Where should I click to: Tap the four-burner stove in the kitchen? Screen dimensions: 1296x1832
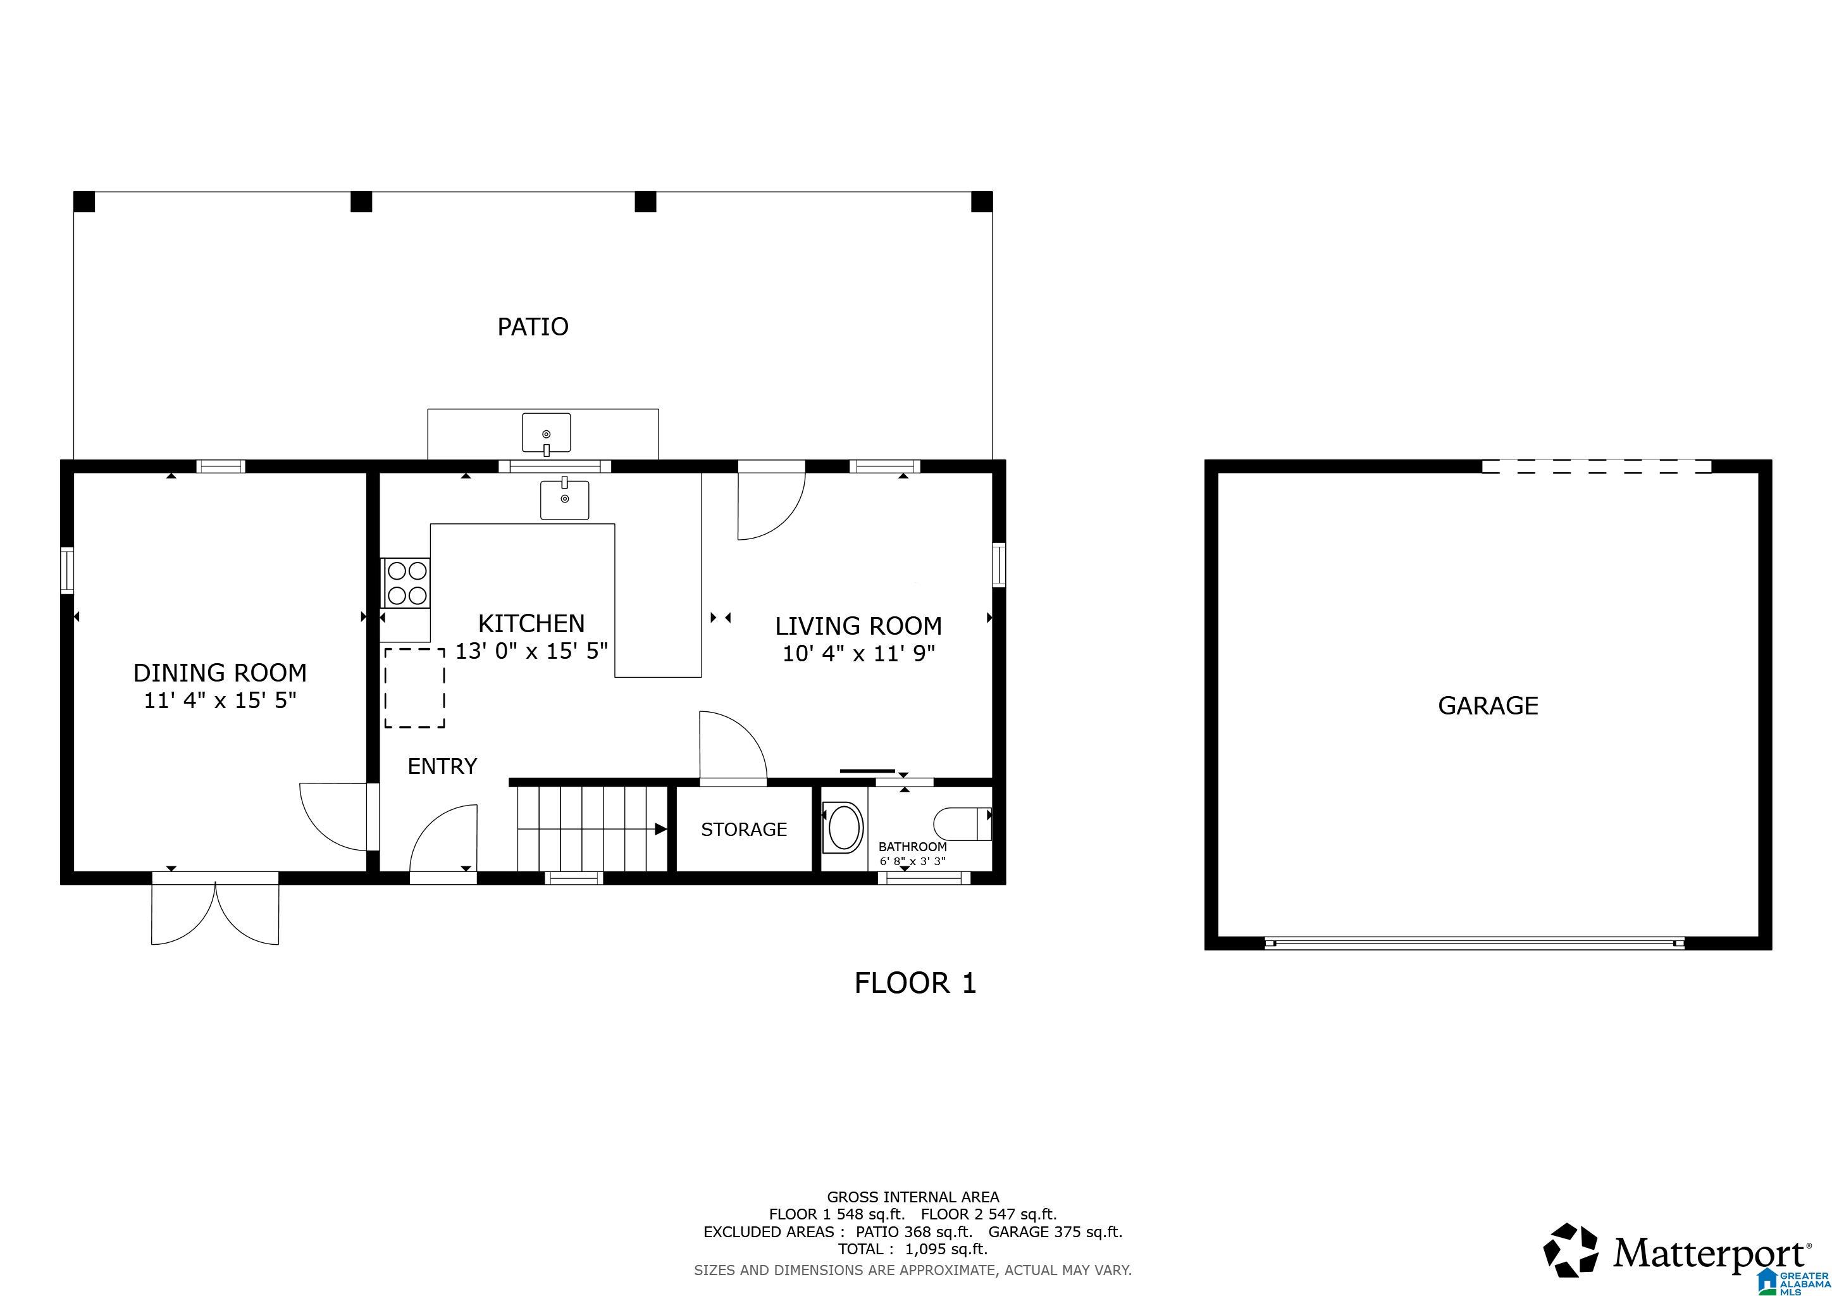coord(407,583)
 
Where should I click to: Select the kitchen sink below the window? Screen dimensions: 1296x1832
coord(564,499)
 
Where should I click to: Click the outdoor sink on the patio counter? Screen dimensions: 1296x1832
coord(546,433)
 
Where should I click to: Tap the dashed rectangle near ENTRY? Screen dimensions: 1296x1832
coord(414,688)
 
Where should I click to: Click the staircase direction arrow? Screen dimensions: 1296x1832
coord(660,829)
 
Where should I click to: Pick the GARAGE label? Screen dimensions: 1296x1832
coord(1487,706)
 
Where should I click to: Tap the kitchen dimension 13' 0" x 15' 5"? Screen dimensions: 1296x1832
coord(531,651)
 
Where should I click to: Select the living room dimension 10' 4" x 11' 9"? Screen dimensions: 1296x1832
coord(858,654)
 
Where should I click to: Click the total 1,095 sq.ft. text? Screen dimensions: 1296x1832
coord(912,1249)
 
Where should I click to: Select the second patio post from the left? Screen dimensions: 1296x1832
coord(361,202)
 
